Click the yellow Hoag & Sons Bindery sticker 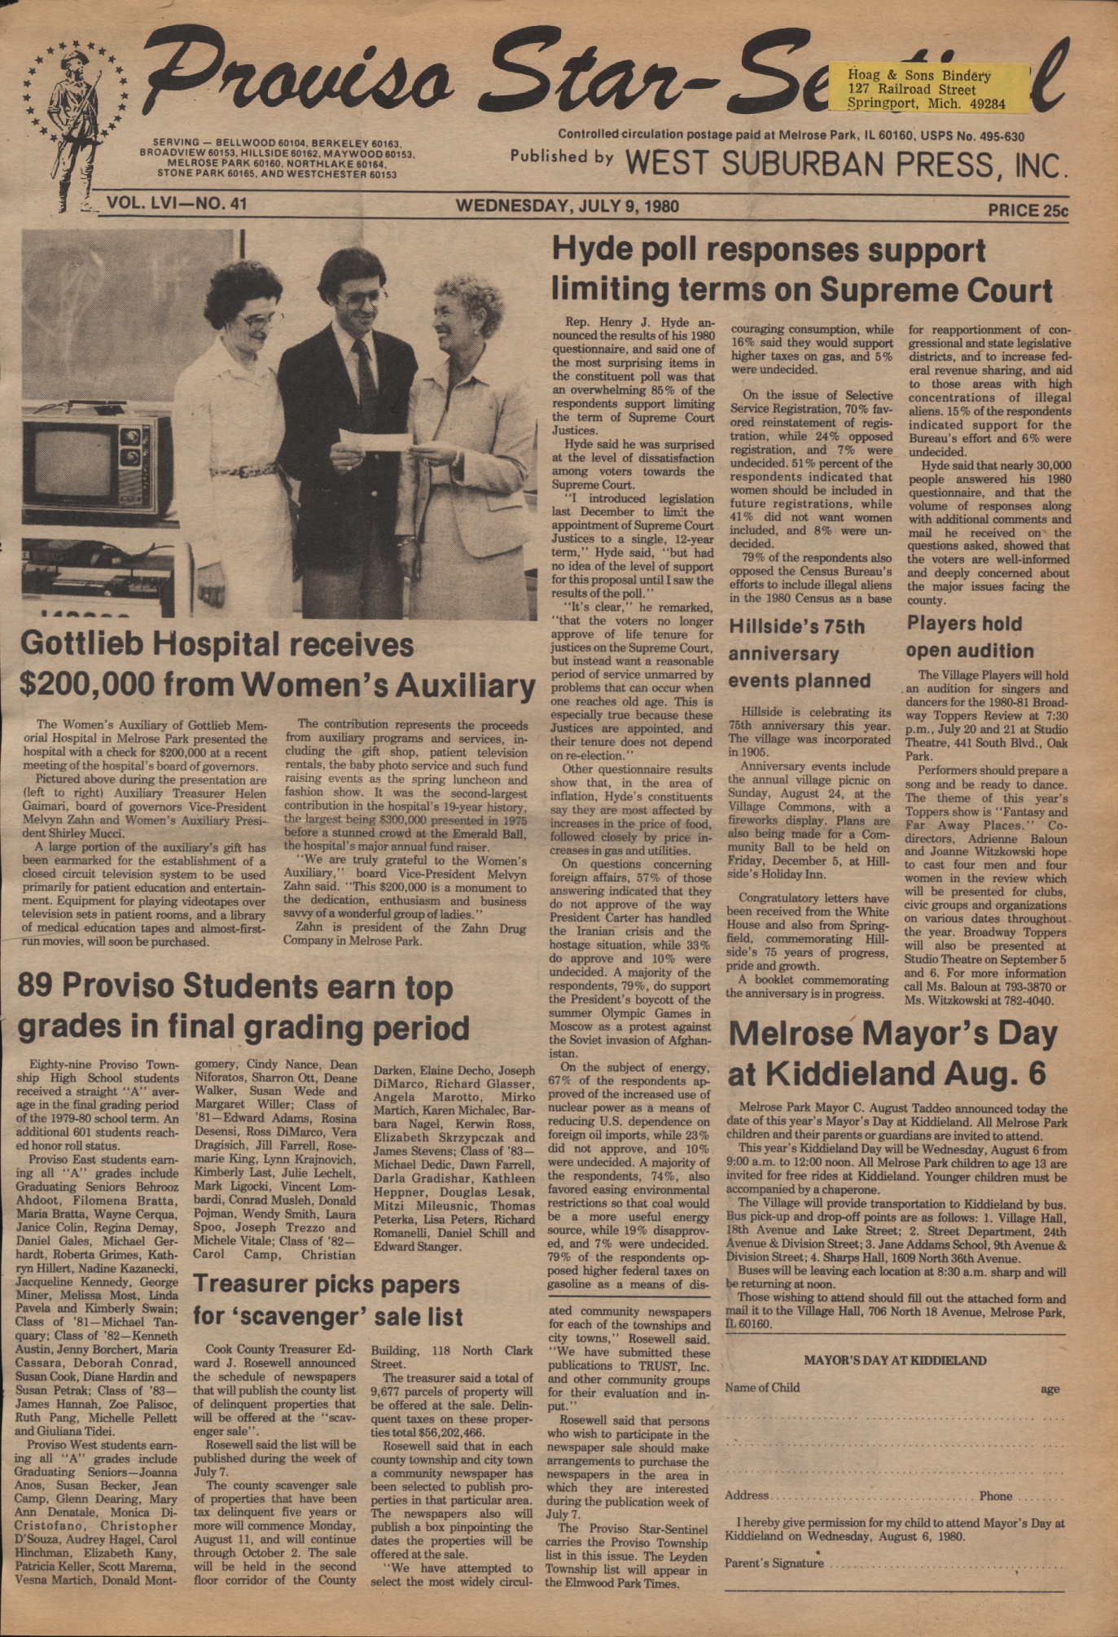coord(927,89)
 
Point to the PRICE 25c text coord(1027,209)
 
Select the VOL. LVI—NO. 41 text coord(177,203)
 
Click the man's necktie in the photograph coord(364,375)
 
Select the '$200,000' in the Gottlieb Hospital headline coord(82,686)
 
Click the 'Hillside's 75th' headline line coord(796,626)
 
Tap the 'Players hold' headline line coord(964,624)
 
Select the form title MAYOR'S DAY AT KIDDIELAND coord(895,1360)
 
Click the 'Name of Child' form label coord(762,1388)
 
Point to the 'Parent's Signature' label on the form coord(774,1563)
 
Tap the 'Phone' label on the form coord(996,1496)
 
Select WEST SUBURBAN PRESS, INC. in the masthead coord(844,165)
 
